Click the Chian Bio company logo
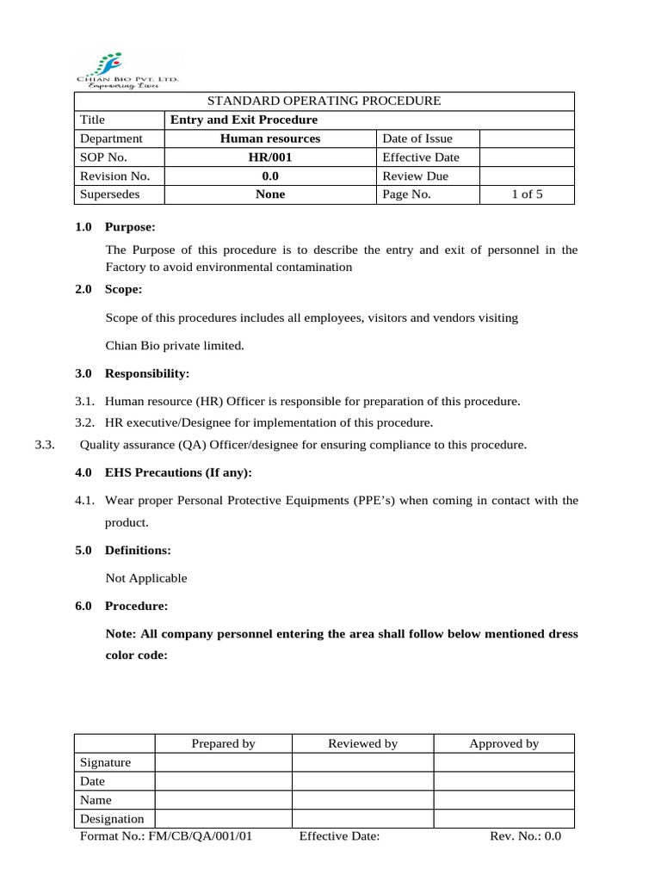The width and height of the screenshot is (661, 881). click(x=127, y=70)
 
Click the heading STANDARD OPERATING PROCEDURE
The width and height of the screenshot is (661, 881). click(x=324, y=101)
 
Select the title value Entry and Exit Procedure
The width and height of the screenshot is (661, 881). click(x=244, y=120)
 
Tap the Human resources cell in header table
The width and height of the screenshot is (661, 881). click(x=269, y=139)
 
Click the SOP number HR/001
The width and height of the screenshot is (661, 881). click(x=269, y=157)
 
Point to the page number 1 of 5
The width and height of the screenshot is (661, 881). click(x=527, y=194)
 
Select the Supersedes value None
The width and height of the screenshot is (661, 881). click(x=269, y=194)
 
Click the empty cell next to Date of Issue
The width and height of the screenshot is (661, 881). click(x=527, y=139)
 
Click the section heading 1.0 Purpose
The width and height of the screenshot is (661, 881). click(x=115, y=227)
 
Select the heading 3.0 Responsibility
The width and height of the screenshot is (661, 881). click(x=132, y=373)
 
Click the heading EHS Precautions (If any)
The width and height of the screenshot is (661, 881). click(x=178, y=473)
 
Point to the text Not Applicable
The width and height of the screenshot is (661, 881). click(x=145, y=578)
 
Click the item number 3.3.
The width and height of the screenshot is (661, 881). click(x=45, y=445)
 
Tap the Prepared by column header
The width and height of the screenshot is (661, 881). click(x=223, y=743)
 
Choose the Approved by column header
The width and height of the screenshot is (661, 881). click(x=503, y=743)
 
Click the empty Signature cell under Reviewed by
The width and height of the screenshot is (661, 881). click(x=362, y=762)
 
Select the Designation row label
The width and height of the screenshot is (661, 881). click(x=112, y=818)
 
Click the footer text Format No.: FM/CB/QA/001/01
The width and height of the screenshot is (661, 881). click(x=165, y=835)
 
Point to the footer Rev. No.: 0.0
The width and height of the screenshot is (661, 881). click(x=525, y=835)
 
